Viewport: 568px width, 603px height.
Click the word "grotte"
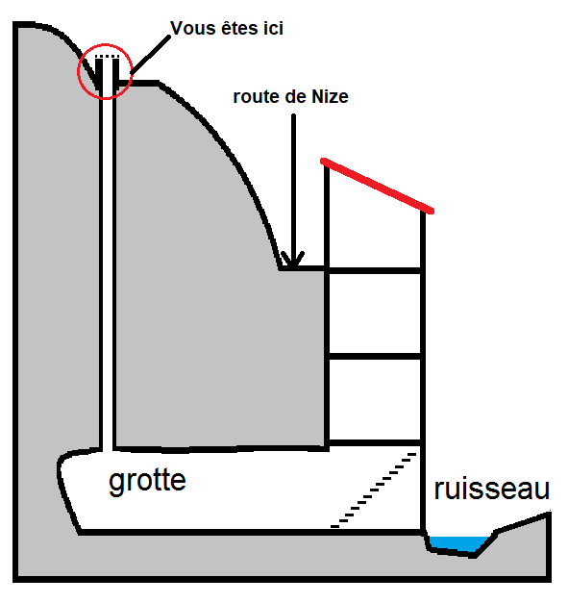coord(148,482)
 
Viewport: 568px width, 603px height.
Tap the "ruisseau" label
coord(492,490)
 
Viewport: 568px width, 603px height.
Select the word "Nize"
coord(330,96)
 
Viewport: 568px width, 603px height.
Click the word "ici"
coord(273,28)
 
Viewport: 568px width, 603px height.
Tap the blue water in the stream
coord(457,543)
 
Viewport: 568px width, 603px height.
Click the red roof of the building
coord(378,185)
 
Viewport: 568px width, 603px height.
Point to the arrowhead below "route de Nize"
coord(293,260)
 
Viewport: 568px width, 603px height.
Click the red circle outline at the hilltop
coord(78,71)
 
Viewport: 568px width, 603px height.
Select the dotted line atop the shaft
coord(108,57)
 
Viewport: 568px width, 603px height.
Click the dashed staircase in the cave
coord(374,490)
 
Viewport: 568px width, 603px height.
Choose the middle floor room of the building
coord(375,314)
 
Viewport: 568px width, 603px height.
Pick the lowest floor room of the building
coord(375,400)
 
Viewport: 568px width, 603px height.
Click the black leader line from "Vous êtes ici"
coord(151,55)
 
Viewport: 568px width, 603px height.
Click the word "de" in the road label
coord(295,96)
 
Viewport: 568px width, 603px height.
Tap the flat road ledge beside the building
coord(304,267)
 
